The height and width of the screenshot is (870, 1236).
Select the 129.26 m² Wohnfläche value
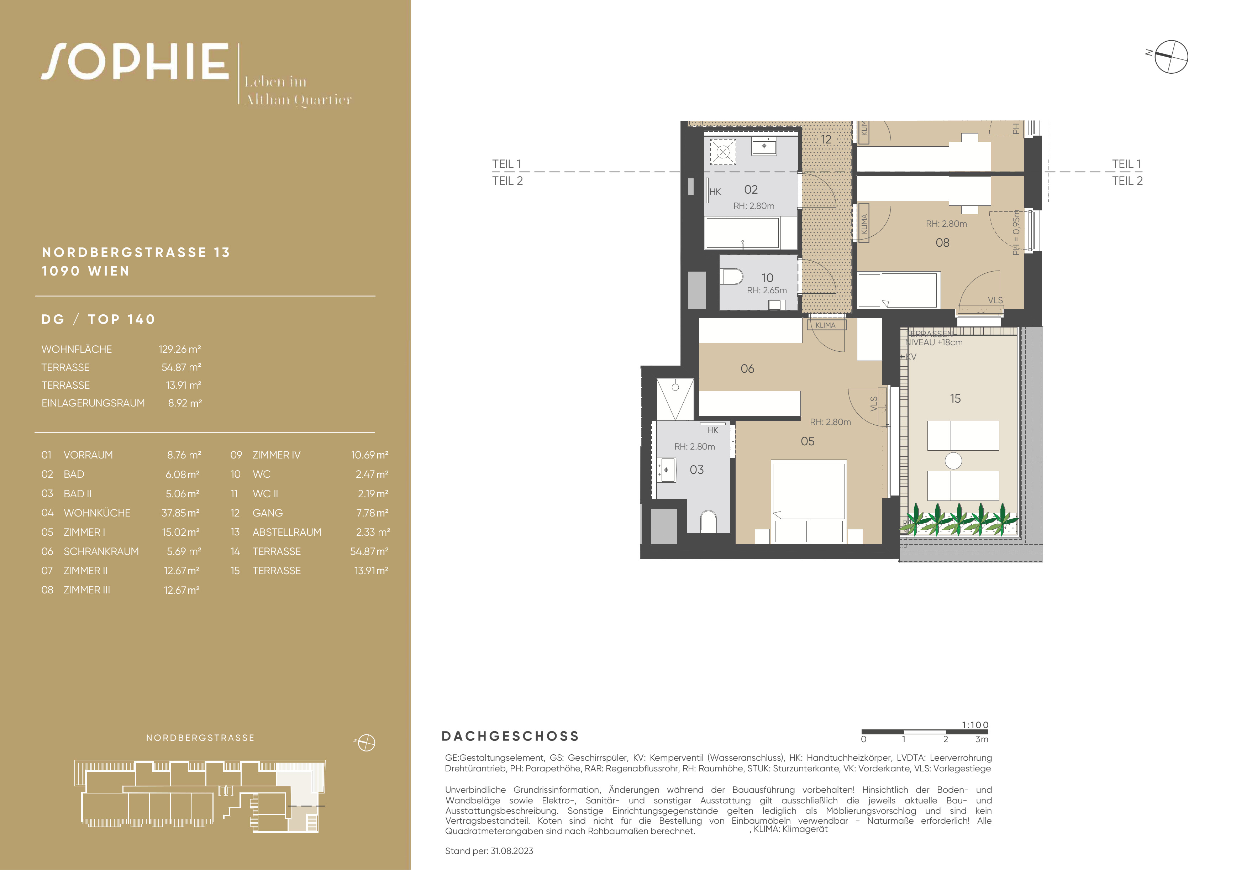(x=180, y=350)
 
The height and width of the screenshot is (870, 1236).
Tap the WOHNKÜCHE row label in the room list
(x=97, y=513)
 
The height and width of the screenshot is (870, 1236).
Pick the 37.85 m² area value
(x=181, y=513)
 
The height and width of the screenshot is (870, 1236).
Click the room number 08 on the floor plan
(x=943, y=243)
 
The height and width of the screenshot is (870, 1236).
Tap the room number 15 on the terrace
(x=956, y=399)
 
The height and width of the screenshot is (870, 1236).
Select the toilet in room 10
(x=732, y=277)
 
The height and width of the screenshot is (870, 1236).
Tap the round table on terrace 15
(x=953, y=461)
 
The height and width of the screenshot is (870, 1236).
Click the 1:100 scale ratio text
(x=975, y=725)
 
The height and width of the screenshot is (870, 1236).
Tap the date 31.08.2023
(x=512, y=851)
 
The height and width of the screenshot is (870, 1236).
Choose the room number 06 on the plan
(x=748, y=369)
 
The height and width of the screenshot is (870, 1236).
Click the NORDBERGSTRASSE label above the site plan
(x=200, y=738)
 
